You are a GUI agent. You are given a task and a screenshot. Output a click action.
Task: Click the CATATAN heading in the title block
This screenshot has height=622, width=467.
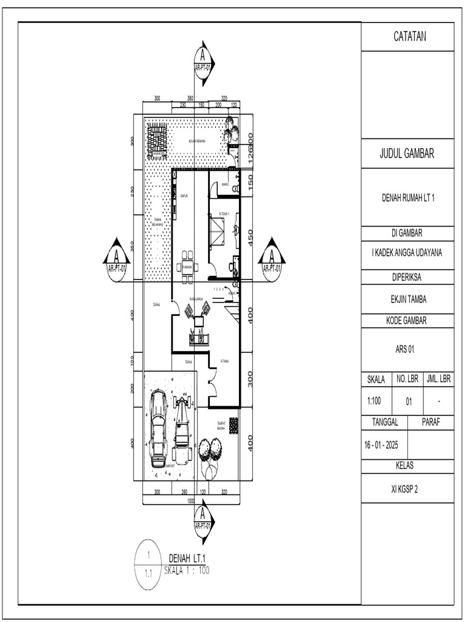coord(408,36)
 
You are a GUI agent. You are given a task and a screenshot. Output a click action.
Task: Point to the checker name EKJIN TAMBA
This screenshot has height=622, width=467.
coord(408,299)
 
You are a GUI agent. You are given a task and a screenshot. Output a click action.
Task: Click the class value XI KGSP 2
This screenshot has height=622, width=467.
coord(408,487)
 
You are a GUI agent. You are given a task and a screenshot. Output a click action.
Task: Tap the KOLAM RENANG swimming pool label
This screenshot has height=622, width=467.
coord(196,140)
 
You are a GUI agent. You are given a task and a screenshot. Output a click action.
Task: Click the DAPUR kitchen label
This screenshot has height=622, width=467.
coord(184,196)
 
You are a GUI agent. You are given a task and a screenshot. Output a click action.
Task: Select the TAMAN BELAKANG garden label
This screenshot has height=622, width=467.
coord(156,222)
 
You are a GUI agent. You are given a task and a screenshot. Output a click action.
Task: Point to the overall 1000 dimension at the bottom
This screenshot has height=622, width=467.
coord(191,501)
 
